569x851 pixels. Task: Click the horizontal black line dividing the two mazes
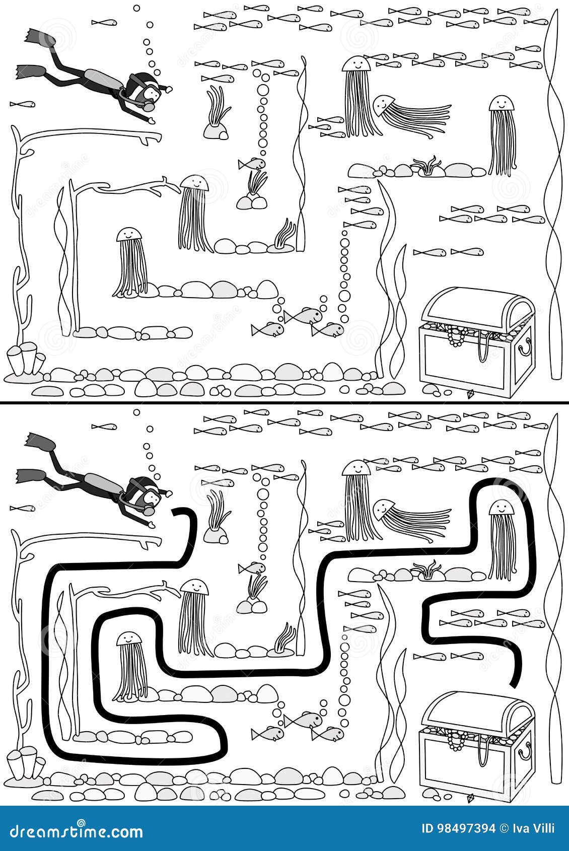[x=284, y=402]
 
